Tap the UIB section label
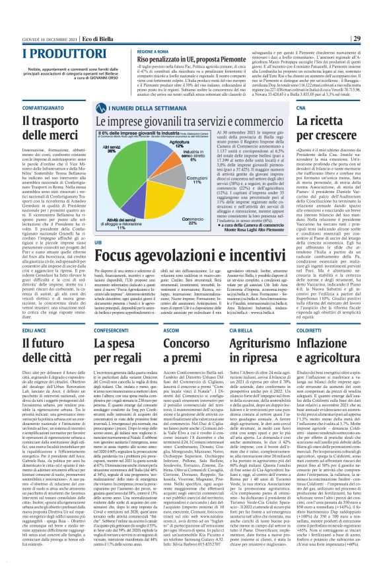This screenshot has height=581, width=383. tap(98, 223)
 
